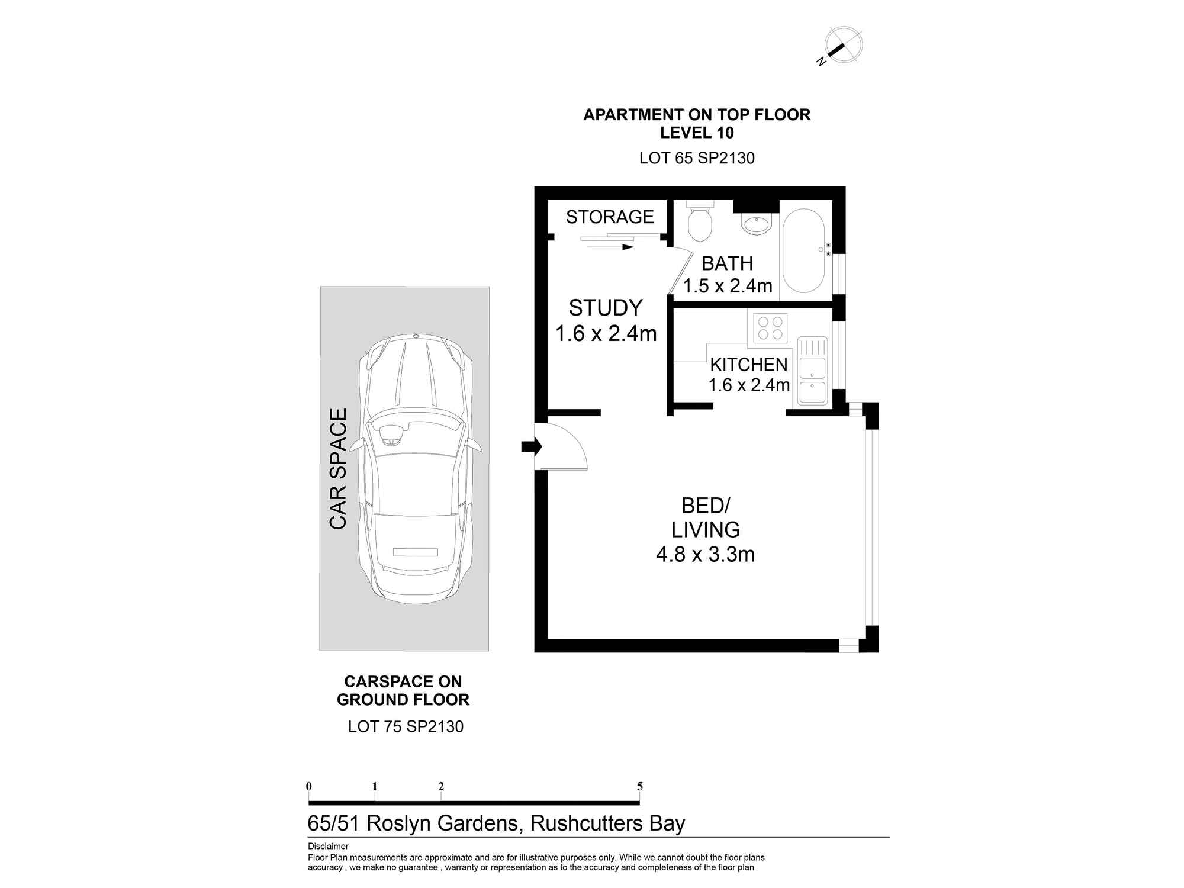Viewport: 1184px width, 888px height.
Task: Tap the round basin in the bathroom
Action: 757,225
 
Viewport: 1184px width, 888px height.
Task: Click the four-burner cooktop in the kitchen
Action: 770,328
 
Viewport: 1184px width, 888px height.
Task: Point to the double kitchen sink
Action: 812,371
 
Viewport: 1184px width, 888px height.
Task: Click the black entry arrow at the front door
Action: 532,446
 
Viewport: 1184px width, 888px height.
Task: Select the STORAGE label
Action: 610,217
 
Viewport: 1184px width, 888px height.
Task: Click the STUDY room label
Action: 606,308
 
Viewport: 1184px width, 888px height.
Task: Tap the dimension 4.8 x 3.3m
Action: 705,555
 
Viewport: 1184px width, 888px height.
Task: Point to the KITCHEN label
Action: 749,365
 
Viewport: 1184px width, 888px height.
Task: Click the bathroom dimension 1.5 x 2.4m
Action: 728,286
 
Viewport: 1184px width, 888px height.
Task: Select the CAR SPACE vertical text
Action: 337,469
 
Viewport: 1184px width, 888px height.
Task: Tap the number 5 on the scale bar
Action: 639,787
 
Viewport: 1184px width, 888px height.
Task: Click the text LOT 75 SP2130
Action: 406,726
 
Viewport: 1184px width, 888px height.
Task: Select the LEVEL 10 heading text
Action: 697,133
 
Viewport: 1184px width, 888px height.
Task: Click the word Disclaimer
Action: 328,847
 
